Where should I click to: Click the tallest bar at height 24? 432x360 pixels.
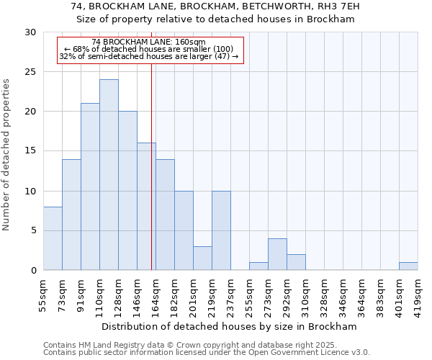tap(109, 175)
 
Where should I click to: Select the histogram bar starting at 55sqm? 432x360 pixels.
tap(53, 238)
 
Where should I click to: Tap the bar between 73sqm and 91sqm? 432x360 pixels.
tap(71, 215)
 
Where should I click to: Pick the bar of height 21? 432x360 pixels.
tap(90, 186)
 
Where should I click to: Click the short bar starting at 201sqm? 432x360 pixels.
tap(202, 258)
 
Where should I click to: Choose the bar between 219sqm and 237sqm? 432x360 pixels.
tap(221, 230)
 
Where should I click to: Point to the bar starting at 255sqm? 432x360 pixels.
tap(258, 266)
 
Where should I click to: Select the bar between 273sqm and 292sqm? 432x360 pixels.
tap(277, 254)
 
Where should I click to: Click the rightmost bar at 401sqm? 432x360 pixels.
tap(408, 266)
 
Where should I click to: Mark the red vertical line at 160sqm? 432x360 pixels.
tap(151, 180)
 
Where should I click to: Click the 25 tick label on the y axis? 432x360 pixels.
tap(30, 72)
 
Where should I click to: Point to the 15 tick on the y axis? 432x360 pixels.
tap(30, 151)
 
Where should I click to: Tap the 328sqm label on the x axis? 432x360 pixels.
tap(306, 295)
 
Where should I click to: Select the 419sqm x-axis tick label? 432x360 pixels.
tap(418, 295)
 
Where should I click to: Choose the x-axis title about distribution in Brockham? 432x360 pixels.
tap(230, 326)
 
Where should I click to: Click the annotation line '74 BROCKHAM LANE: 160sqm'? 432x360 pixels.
tap(149, 42)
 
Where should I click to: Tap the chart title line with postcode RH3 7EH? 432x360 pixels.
tap(216, 6)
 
